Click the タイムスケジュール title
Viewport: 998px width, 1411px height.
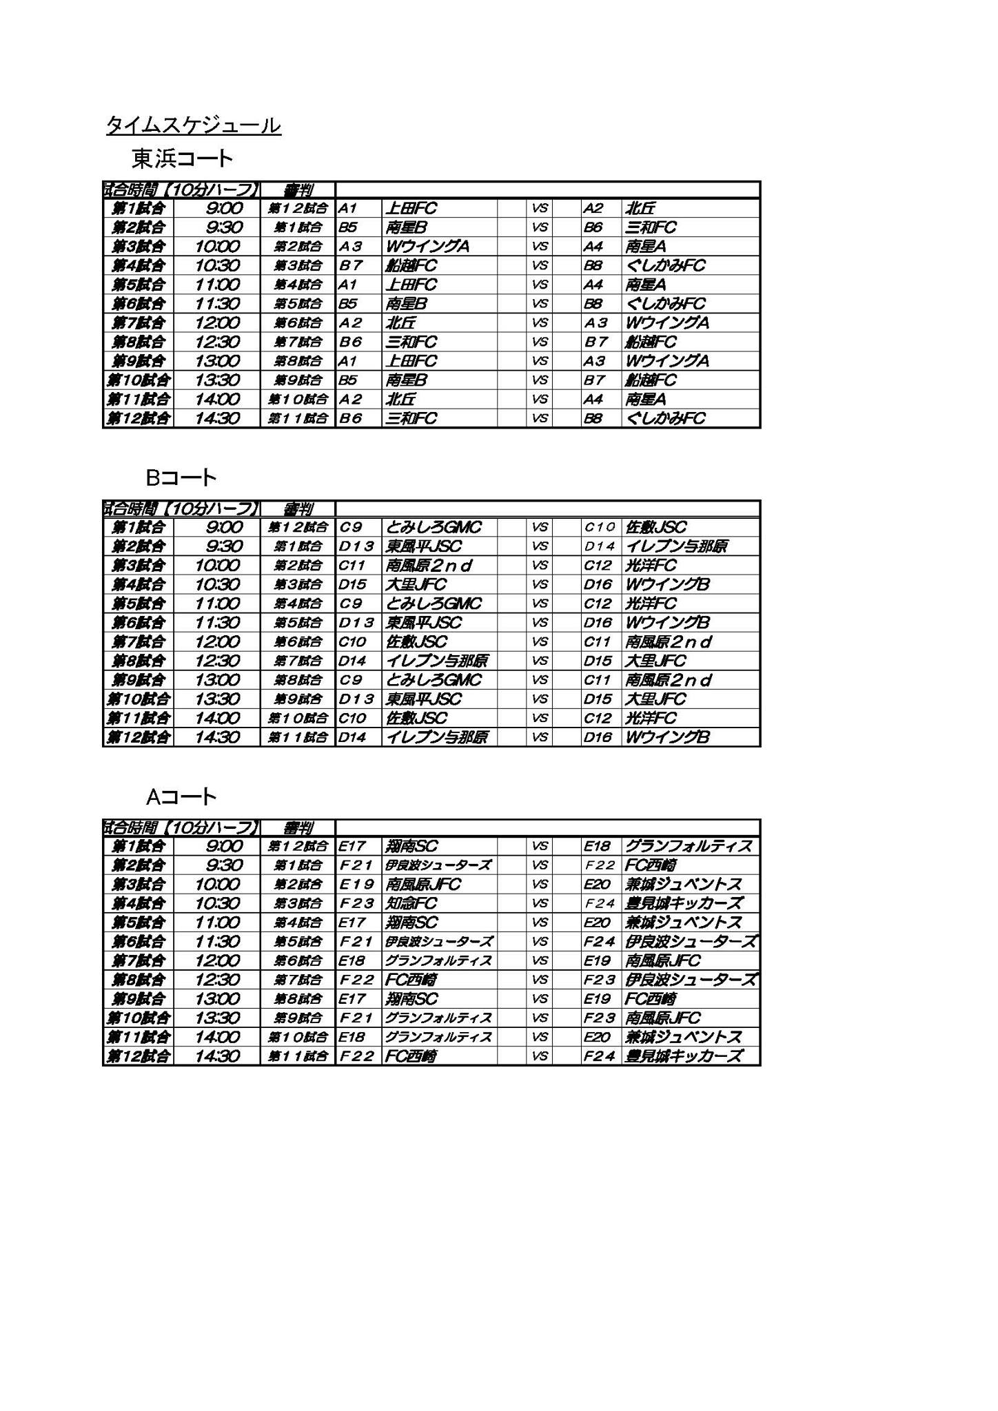(193, 125)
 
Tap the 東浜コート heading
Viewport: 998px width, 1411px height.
(183, 159)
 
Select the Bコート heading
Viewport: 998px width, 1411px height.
(181, 477)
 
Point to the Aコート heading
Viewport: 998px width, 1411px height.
(181, 796)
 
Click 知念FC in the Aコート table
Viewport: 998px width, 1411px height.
(411, 903)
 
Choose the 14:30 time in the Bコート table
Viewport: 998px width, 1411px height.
(217, 737)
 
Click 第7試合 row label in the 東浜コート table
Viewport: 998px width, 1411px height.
(139, 322)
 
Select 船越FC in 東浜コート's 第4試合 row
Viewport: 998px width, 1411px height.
(411, 265)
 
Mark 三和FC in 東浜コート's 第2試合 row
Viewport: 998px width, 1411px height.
(651, 227)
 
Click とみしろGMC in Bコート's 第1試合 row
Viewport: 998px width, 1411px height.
(434, 527)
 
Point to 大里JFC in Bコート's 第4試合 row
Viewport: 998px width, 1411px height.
(416, 584)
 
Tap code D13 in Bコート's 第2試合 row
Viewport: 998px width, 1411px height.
(356, 546)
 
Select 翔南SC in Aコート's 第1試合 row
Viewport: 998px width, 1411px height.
(412, 846)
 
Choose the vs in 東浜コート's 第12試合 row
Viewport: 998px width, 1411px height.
(540, 418)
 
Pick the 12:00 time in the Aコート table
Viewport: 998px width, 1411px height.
(217, 960)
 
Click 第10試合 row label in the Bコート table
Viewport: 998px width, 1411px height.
(138, 699)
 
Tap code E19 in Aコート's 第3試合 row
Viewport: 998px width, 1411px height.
(356, 885)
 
